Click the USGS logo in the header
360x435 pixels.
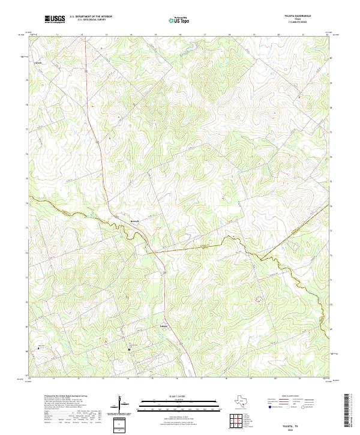[55, 20]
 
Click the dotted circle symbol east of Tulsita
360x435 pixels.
[260, 297]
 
